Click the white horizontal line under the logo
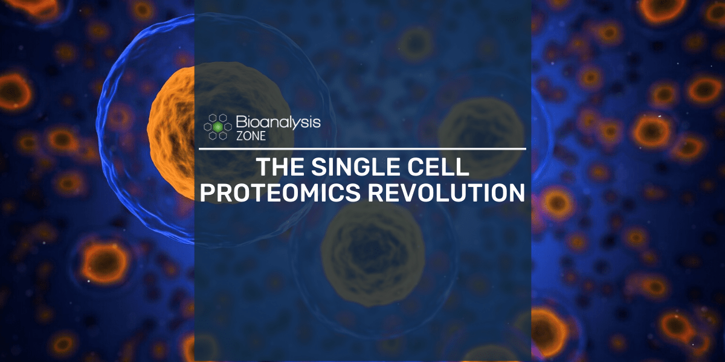tap(362, 148)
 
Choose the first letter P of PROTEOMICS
tap(209, 192)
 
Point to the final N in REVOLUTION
tap(515, 192)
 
